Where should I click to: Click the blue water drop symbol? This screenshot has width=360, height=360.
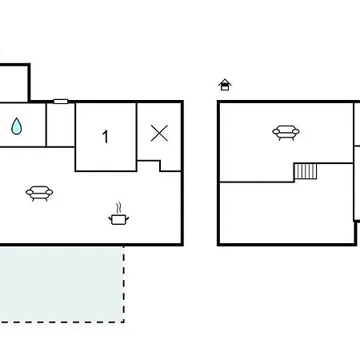coord(17,126)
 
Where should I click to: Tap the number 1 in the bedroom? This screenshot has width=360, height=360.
coord(106,137)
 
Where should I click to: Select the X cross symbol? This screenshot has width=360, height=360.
coord(159,133)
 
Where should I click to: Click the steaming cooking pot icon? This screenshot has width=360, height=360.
coord(118,214)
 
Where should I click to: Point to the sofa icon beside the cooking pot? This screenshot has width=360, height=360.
coord(39,194)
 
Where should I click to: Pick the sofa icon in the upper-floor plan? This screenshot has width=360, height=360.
coord(286,133)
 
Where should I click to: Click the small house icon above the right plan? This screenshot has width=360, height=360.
coord(225,85)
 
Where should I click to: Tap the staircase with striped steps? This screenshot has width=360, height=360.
coord(306,171)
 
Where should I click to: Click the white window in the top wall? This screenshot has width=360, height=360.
coord(61,102)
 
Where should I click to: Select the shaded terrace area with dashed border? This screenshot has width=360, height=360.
coord(62,284)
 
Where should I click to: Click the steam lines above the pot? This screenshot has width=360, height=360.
coord(119,208)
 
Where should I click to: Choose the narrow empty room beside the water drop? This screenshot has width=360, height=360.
coord(61,125)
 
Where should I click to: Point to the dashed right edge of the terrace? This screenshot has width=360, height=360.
coord(124,284)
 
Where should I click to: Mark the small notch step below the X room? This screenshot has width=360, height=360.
coord(149,166)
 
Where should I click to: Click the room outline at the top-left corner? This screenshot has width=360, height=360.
coord(29,82)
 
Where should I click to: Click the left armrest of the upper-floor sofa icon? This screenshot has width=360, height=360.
coord(275,131)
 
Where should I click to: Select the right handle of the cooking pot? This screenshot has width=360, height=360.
coord(127,219)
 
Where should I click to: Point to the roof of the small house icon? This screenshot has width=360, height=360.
coord(225,82)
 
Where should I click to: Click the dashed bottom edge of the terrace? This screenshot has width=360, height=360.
coord(62,322)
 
